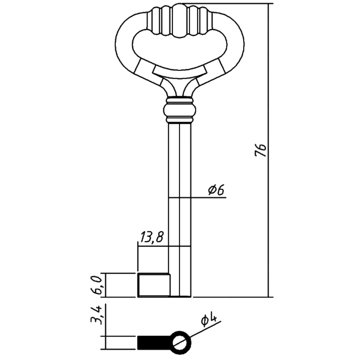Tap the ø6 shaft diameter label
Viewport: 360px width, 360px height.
pos(216,190)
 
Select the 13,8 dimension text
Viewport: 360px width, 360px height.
pos(152,237)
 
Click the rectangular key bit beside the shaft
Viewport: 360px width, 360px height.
pos(154,285)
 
